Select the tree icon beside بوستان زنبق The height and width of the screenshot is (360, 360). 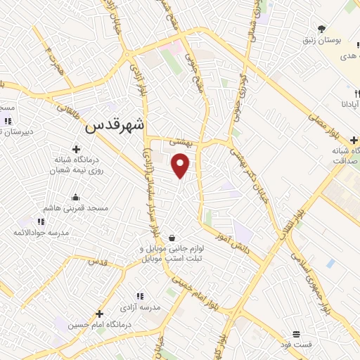(321, 29)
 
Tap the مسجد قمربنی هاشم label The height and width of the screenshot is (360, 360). (75, 209)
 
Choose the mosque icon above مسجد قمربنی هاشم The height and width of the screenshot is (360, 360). (75, 197)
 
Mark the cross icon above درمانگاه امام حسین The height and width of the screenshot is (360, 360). (99, 314)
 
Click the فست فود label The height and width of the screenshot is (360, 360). (295, 344)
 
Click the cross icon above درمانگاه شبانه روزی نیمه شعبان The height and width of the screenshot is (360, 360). (75, 148)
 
